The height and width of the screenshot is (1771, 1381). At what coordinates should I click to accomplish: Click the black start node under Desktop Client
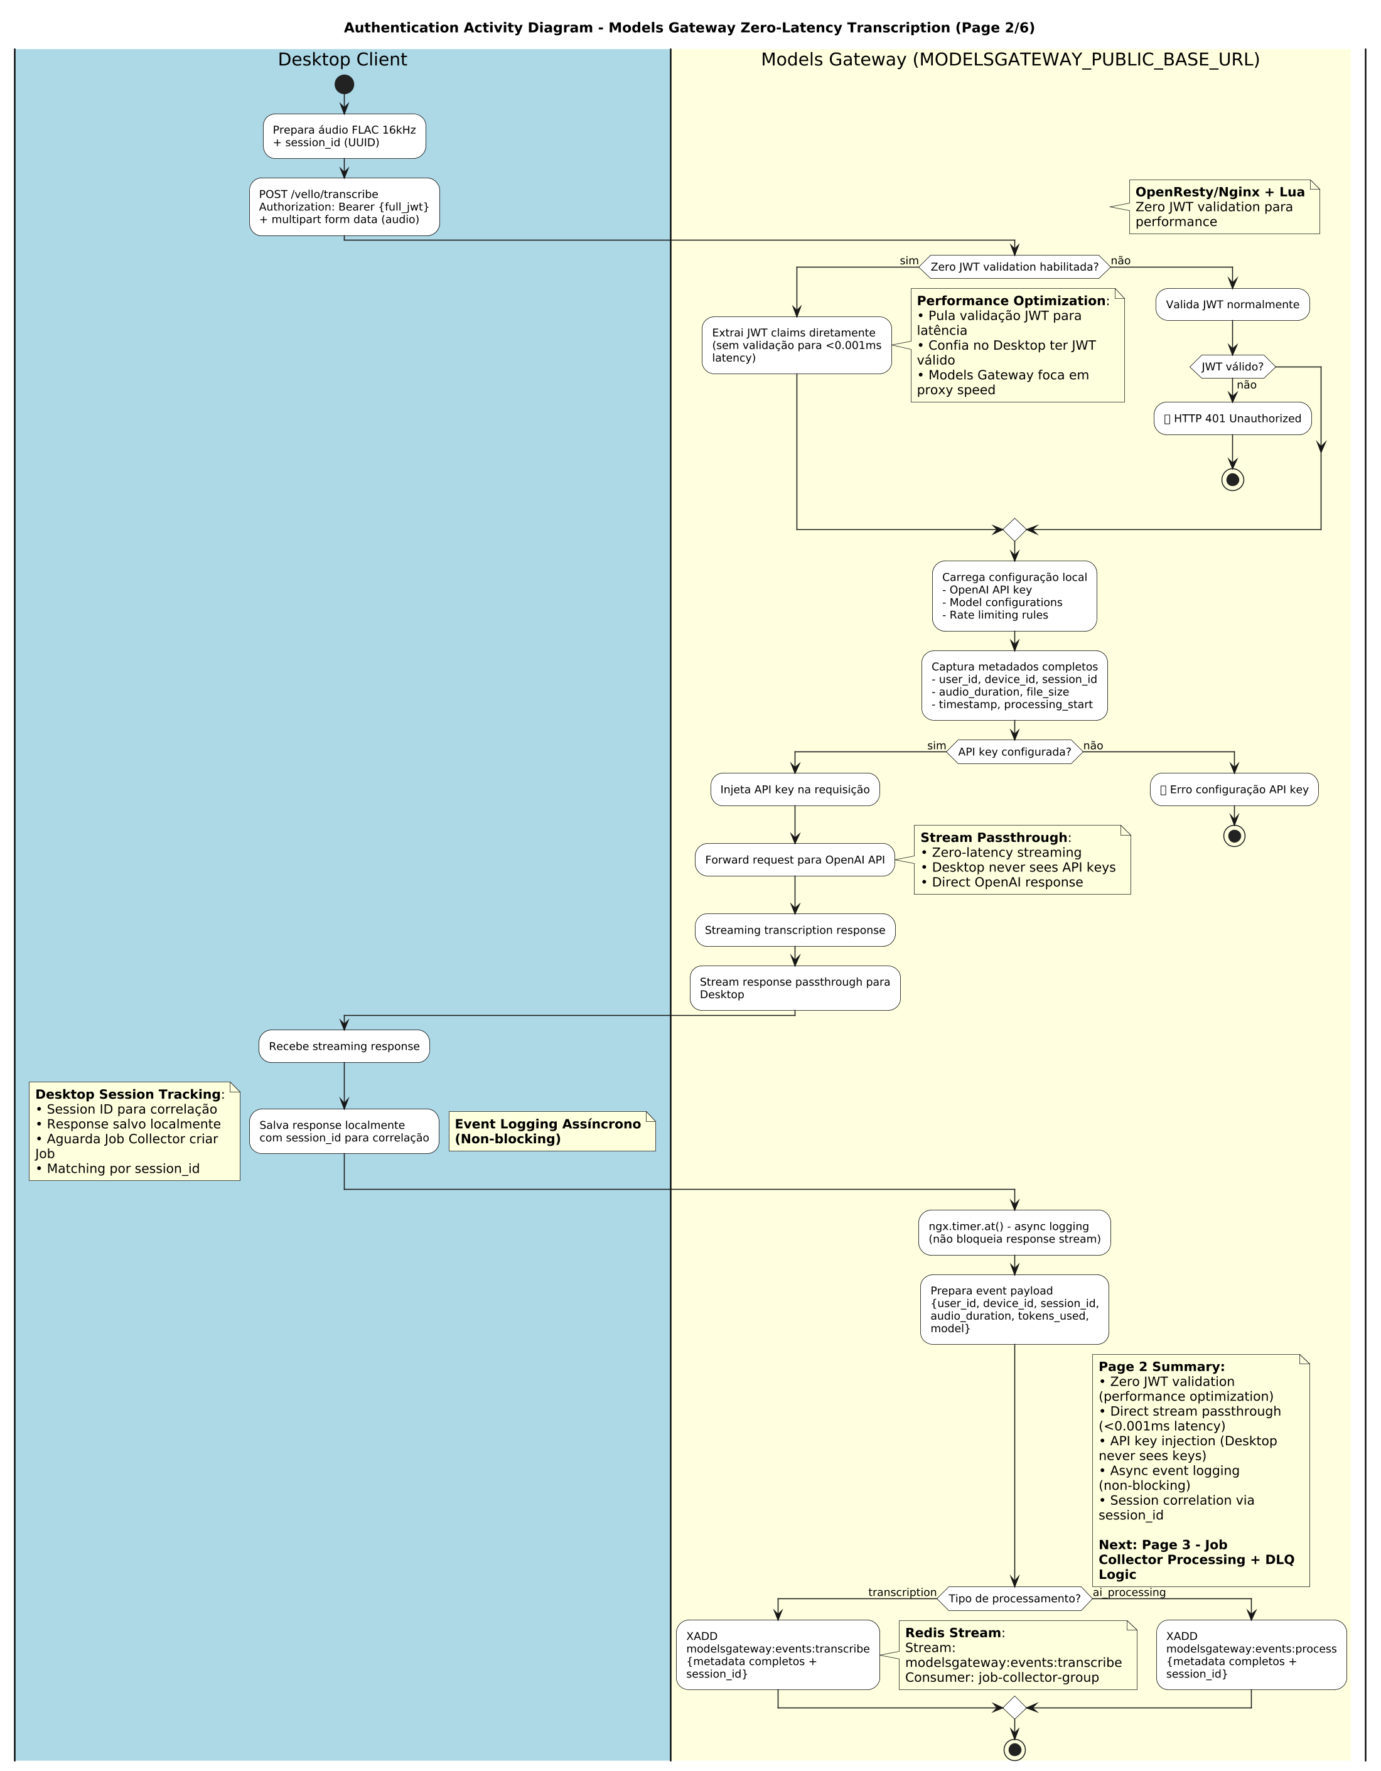point(344,84)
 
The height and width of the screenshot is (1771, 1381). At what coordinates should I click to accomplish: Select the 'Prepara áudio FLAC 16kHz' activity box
point(344,136)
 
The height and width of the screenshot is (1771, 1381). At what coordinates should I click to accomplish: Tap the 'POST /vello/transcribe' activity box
point(344,207)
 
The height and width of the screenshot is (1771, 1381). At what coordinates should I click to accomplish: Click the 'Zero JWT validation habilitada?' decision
point(1014,267)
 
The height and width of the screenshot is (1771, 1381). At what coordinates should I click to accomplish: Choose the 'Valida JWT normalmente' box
point(1232,305)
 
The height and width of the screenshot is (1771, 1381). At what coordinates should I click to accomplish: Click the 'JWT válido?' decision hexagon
point(1232,367)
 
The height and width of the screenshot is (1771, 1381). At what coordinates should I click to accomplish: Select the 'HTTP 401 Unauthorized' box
point(1232,418)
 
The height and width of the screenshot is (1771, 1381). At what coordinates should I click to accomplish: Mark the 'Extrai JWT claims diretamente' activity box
point(797,345)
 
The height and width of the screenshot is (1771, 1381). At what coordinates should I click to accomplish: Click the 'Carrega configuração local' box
point(1014,596)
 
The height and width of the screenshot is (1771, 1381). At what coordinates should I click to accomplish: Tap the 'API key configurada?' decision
point(1014,751)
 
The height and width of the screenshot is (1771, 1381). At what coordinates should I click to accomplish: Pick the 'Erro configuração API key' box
point(1233,790)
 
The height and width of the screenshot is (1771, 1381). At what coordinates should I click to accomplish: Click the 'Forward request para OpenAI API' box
point(795,859)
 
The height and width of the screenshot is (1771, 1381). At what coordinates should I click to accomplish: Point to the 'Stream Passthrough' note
point(1022,859)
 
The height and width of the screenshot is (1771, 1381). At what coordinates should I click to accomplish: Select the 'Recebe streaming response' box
point(344,1046)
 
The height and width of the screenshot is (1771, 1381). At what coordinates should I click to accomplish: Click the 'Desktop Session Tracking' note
point(134,1131)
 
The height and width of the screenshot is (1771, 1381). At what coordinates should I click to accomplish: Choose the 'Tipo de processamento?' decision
point(1014,1598)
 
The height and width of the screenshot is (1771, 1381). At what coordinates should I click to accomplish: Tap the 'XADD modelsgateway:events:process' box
point(1250,1655)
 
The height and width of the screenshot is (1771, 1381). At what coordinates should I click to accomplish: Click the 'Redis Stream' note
point(1017,1655)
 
